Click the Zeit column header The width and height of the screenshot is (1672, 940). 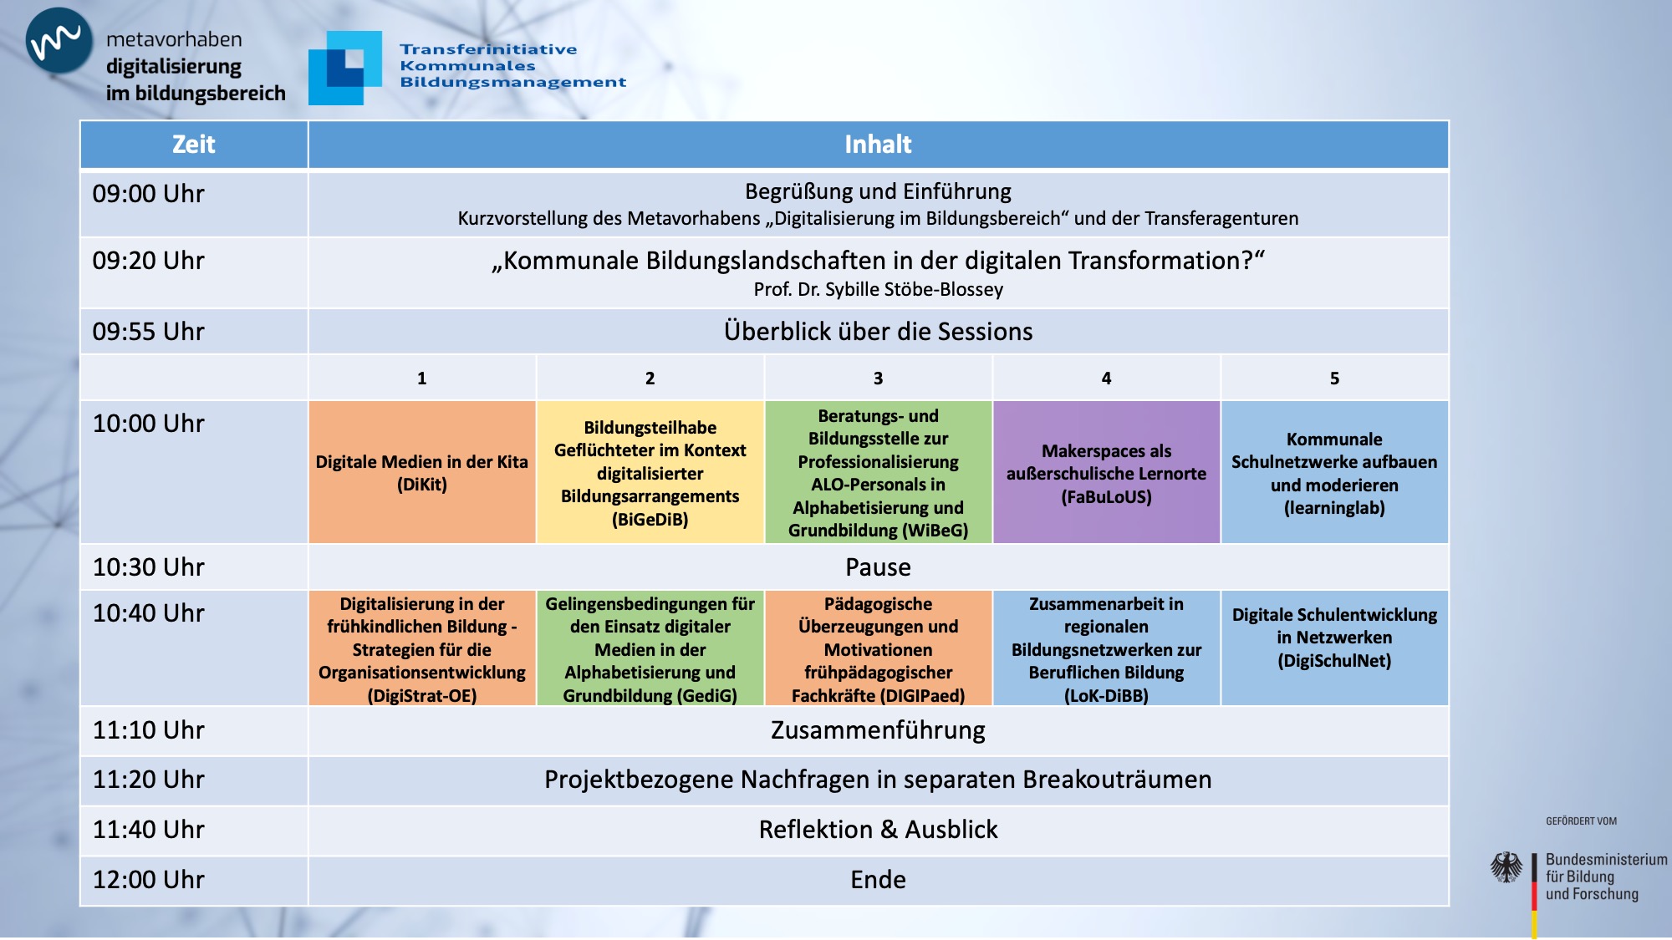click(194, 145)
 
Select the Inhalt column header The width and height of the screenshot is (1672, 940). click(878, 145)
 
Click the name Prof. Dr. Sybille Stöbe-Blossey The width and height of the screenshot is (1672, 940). click(878, 289)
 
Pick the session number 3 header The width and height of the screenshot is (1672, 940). click(878, 379)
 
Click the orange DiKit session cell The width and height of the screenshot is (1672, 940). click(421, 473)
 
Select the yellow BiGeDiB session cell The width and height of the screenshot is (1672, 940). click(650, 473)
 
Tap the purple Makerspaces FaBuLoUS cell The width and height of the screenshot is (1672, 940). click(1106, 473)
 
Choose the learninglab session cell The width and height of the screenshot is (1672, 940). click(1334, 473)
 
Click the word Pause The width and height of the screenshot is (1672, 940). click(878, 567)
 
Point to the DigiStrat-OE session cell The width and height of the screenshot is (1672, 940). click(421, 649)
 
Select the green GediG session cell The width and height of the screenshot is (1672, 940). click(650, 649)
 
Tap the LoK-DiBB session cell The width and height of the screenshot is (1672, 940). click(1106, 649)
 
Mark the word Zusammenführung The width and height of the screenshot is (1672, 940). click(878, 730)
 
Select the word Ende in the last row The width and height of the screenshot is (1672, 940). click(878, 880)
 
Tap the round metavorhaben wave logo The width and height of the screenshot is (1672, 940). click(59, 40)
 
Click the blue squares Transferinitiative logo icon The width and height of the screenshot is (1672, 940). click(345, 68)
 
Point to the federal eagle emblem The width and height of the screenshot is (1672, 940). click(1506, 868)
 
